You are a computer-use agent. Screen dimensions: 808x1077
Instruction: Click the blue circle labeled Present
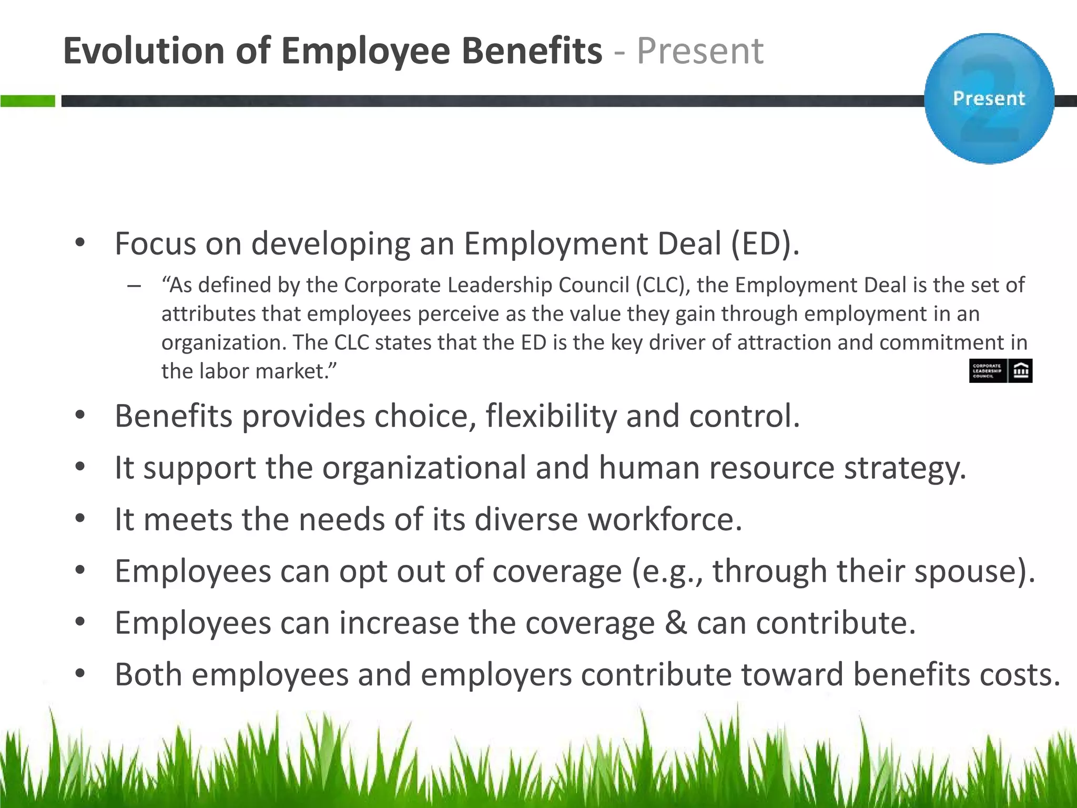pos(989,98)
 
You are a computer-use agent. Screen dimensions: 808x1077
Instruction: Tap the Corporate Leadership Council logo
pos(1000,371)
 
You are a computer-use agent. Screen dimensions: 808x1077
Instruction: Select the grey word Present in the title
pos(700,51)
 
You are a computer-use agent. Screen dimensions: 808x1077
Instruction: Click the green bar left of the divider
pos(27,101)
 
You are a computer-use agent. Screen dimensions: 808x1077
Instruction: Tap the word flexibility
pos(551,416)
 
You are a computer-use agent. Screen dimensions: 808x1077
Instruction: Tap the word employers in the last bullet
pos(496,675)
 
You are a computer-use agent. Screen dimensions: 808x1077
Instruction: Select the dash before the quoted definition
pos(134,286)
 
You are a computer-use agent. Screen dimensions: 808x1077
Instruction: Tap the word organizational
pos(424,468)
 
